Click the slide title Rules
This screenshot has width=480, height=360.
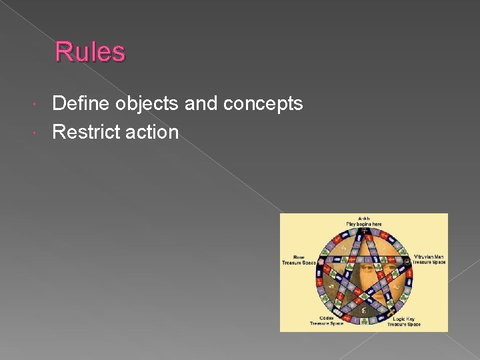point(89,52)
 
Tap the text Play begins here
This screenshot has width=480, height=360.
point(363,224)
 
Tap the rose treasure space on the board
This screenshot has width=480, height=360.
point(320,261)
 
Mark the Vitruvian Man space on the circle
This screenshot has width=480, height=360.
point(407,261)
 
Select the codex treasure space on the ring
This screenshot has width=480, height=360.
point(337,313)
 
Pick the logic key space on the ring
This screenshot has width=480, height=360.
point(390,313)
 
